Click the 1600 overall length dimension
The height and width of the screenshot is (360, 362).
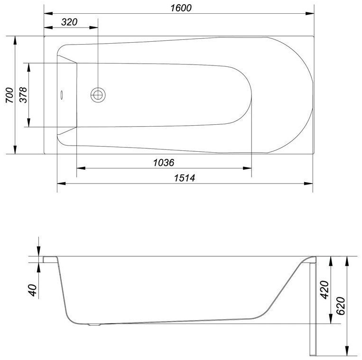pos(181,8)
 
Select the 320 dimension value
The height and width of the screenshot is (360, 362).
pos(69,22)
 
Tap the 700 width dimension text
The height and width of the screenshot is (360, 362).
pos(9,95)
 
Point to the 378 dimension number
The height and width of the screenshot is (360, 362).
pos(23,95)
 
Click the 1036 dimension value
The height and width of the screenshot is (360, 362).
pos(164,163)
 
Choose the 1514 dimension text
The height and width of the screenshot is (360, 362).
pos(185,178)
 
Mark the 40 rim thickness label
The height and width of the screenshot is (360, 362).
pos(33,290)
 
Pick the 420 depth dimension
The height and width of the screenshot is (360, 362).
pos(325,290)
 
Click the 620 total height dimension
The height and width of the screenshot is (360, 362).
pos(341,306)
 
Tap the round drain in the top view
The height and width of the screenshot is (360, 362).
pos(98,95)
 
